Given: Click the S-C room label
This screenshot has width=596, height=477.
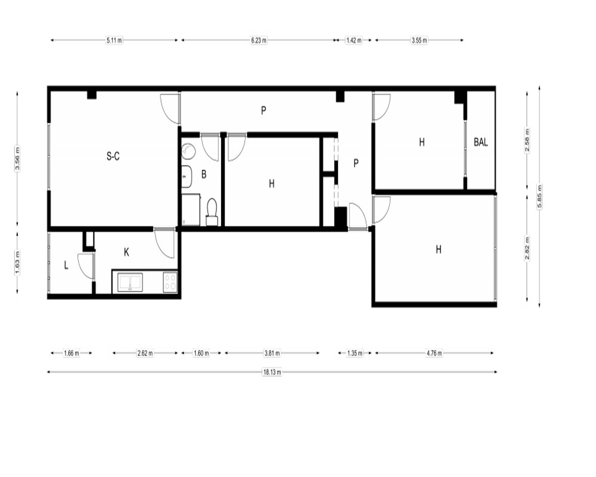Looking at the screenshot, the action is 113,156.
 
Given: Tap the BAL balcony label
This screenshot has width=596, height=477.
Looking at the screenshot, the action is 481,143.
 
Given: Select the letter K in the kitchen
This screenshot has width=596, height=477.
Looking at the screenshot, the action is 126,252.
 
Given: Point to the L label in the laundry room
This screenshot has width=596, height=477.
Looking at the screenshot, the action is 66,265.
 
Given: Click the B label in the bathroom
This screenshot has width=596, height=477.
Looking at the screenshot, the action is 204,174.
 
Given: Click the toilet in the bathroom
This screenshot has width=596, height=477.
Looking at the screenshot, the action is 212,212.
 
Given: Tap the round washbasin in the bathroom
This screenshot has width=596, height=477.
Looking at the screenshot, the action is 188,151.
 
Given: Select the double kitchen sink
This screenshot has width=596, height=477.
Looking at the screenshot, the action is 131,282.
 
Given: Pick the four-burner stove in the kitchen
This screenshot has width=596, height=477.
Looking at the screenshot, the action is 170,282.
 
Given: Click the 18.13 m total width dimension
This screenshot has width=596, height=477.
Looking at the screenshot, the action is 272,372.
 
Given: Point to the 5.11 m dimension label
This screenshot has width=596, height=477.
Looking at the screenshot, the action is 114,40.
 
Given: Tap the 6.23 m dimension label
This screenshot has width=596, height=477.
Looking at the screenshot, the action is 259,40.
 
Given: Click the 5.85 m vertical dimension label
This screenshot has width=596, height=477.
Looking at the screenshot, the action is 539,197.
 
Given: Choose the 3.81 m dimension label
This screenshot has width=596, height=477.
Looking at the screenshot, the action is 272,353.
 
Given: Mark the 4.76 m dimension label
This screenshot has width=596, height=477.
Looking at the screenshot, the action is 434,353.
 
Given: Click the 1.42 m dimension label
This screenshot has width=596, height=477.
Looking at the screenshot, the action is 354,40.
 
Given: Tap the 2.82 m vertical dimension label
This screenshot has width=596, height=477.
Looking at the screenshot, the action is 527,249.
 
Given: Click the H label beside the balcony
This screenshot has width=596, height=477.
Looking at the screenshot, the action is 421,143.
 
